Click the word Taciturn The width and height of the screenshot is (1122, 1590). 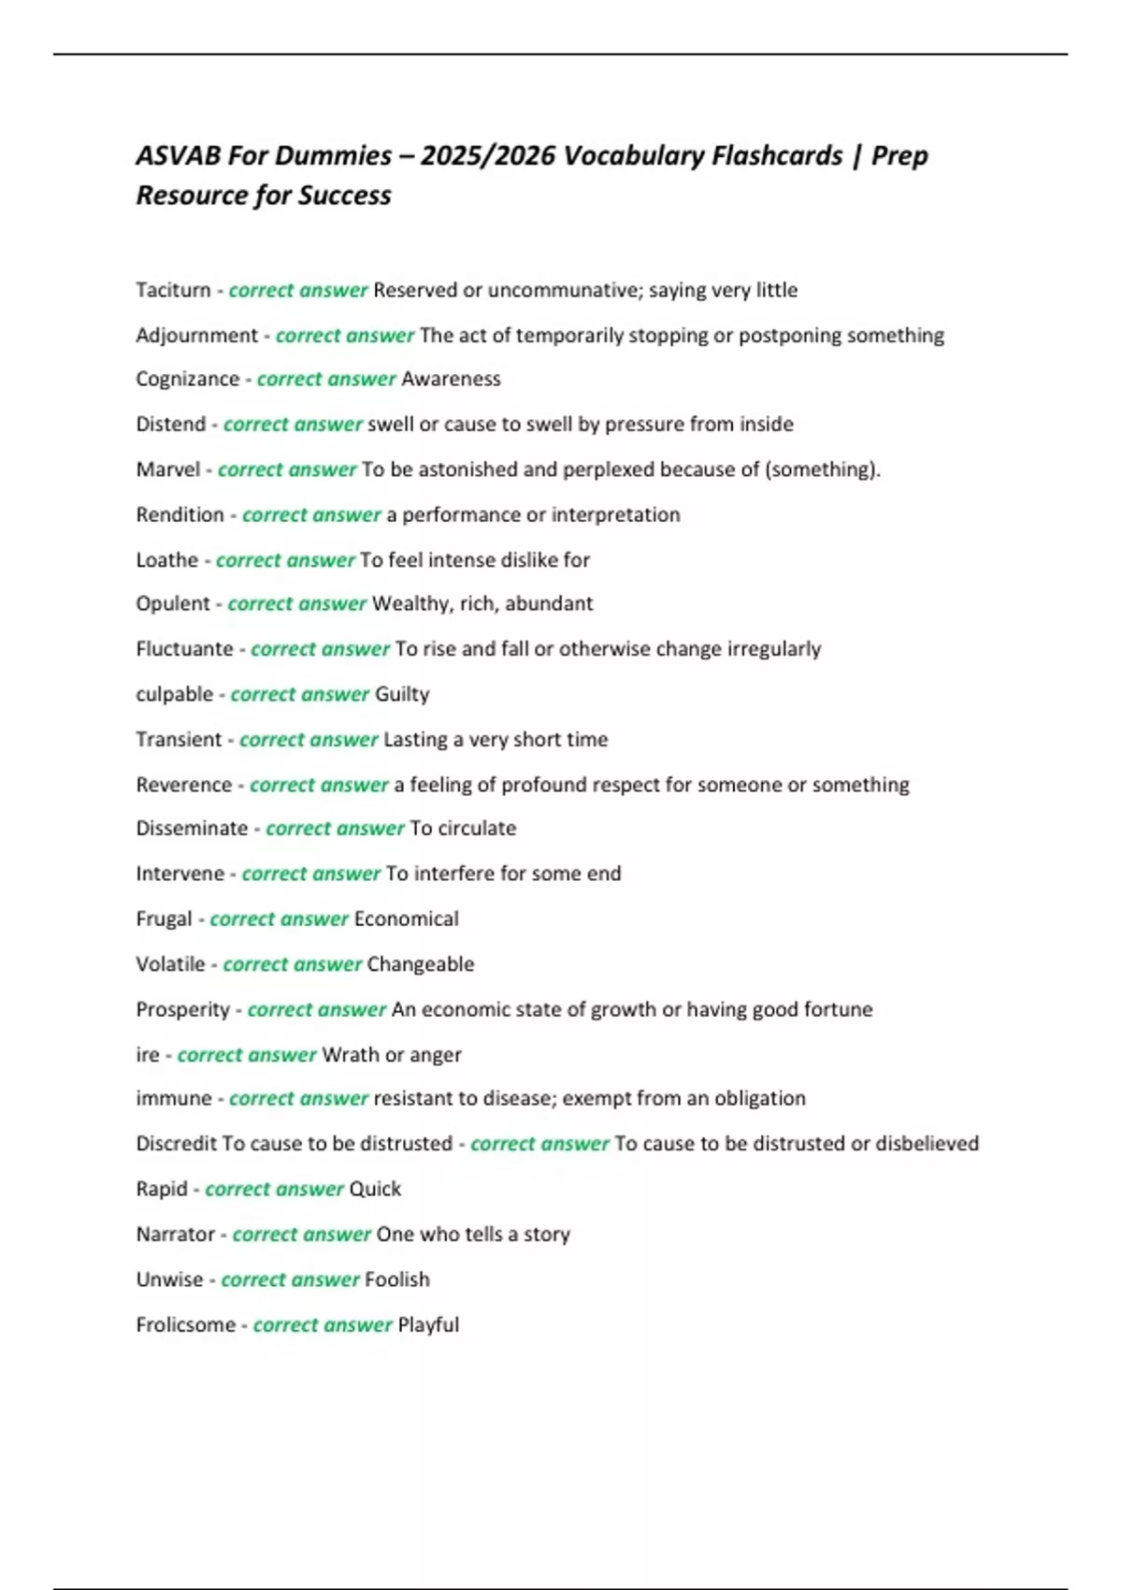tap(173, 290)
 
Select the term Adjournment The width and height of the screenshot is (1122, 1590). tap(196, 335)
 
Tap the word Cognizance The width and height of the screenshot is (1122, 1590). tap(187, 379)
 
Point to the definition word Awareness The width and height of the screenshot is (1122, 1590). tap(451, 379)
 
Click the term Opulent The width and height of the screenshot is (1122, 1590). tap(173, 603)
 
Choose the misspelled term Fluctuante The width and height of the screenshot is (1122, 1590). tap(184, 648)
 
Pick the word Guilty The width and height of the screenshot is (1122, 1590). tap(402, 694)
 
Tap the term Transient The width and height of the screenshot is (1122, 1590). tap(179, 739)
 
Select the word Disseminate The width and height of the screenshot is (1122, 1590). tap(192, 828)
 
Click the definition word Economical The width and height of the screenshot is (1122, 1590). tap(406, 918)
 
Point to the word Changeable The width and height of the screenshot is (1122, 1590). tap(420, 963)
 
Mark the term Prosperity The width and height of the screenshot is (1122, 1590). tap(182, 1009)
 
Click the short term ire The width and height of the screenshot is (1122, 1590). tap(147, 1054)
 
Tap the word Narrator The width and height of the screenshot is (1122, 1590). tap(175, 1234)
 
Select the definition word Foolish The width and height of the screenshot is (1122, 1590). tap(396, 1279)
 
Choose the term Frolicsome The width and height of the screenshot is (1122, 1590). tap(185, 1324)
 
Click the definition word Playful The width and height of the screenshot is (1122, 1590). tap(428, 1324)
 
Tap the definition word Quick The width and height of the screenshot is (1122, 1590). tap(374, 1189)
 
